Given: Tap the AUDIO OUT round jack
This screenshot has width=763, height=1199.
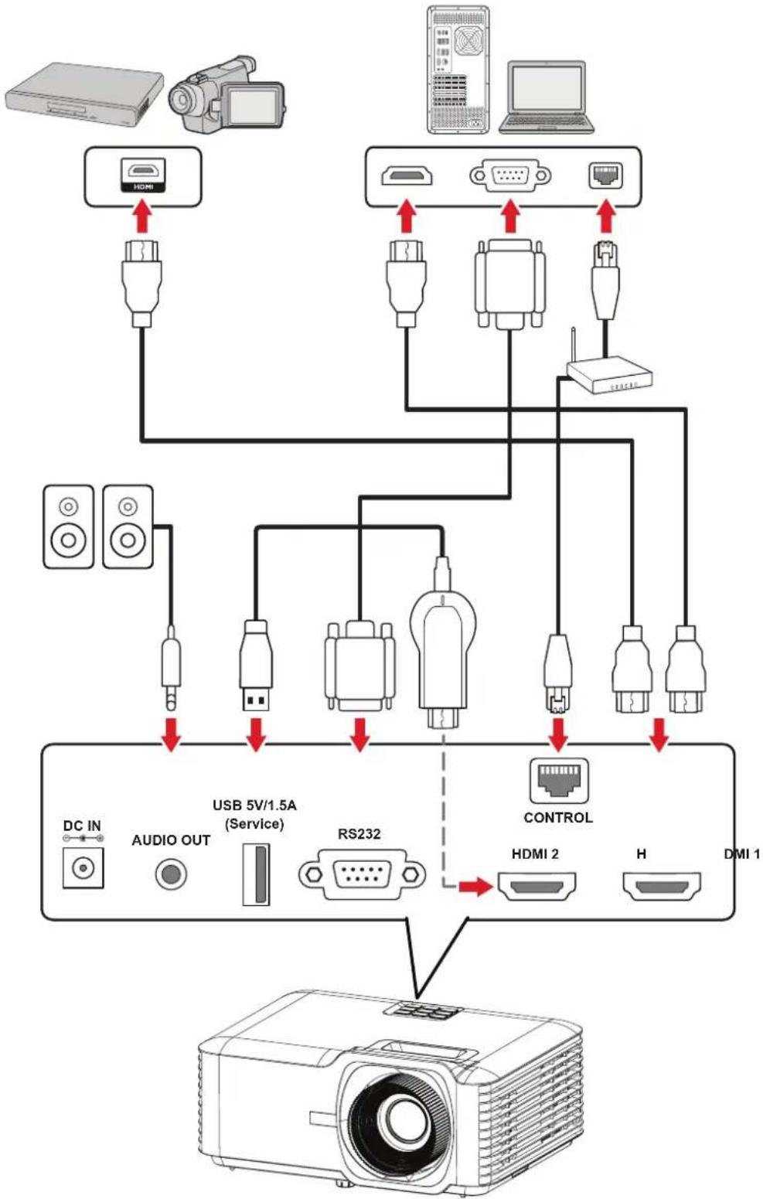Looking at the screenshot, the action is [x=171, y=874].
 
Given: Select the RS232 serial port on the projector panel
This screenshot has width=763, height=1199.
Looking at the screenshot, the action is [x=362, y=874].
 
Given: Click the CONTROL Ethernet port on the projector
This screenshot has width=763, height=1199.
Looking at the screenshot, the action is [x=558, y=781].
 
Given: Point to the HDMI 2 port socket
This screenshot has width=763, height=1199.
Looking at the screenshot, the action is [x=537, y=887].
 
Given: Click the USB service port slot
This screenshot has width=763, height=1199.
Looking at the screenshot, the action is [x=256, y=874].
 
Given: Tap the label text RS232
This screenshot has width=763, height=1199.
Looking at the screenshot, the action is [x=359, y=834].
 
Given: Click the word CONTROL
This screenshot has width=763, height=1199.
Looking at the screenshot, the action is [x=558, y=817].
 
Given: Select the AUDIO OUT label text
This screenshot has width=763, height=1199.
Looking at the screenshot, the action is [x=171, y=840].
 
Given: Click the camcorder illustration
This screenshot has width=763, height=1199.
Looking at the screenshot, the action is [x=227, y=94].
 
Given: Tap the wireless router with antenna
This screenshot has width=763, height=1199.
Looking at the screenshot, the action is [x=610, y=370].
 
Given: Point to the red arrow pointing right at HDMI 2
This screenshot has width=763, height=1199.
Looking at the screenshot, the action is [x=475, y=887].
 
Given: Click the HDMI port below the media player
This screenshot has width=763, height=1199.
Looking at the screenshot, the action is [x=143, y=175].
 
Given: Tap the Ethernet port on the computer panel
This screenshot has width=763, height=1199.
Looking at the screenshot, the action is [x=606, y=175].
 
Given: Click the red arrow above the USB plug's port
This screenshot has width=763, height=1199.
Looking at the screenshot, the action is [x=256, y=734].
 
